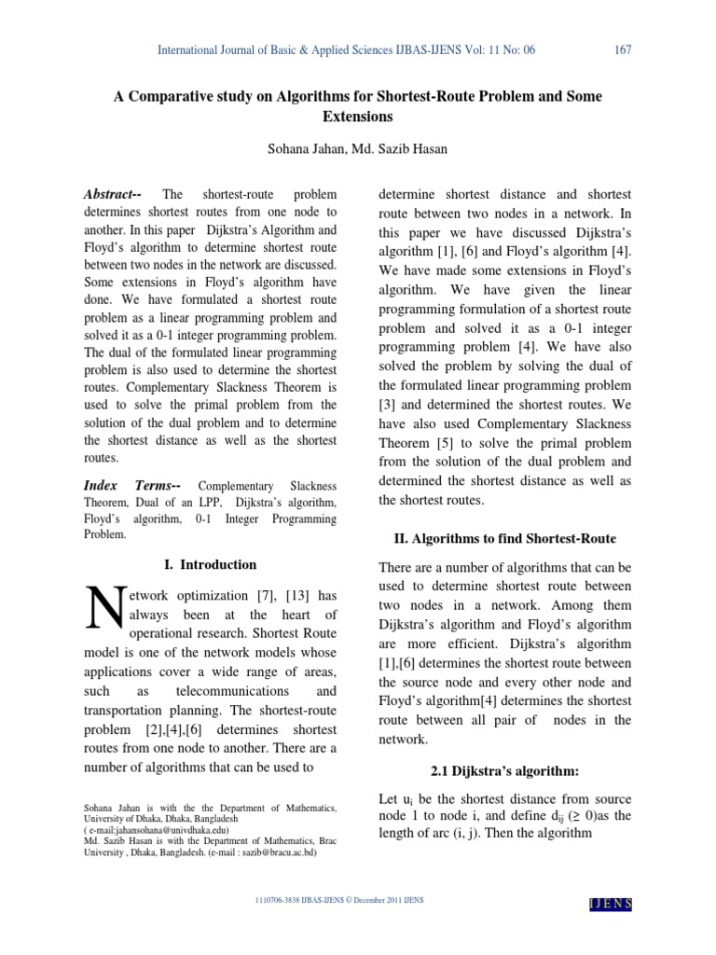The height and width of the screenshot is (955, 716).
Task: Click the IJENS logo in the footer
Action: [x=611, y=902]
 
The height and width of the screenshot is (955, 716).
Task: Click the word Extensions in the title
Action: [x=357, y=118]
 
